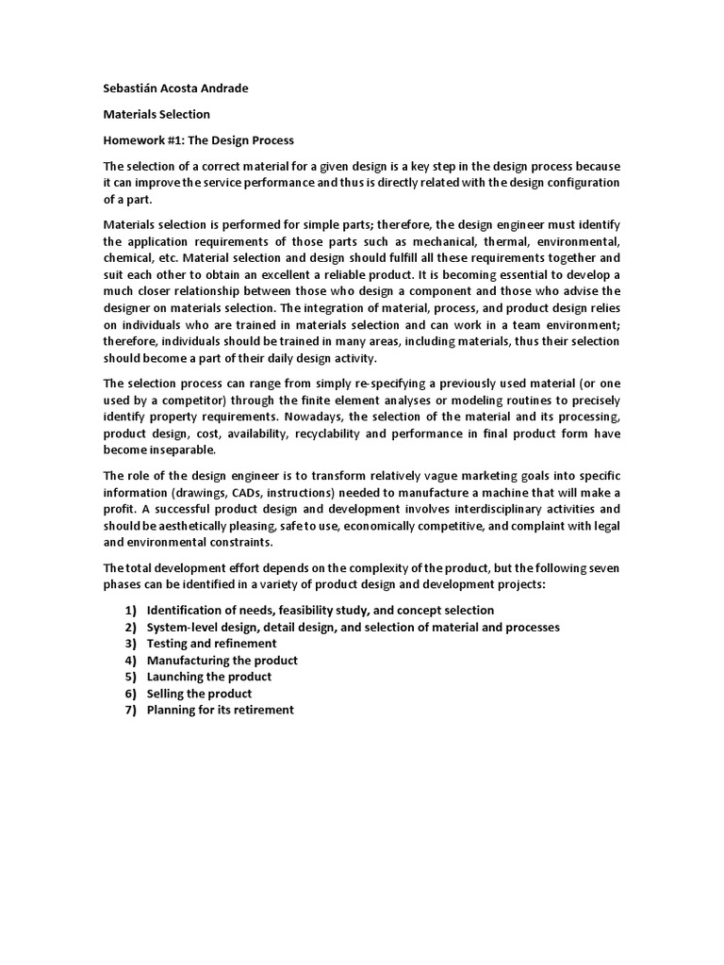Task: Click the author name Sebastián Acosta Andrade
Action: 175,89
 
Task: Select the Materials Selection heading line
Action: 156,114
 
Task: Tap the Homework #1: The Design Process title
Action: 198,139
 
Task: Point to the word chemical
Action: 126,257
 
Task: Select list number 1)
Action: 131,610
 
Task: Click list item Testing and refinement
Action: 211,644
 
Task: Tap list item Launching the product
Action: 208,677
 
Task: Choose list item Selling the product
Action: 199,693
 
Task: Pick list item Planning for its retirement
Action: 220,710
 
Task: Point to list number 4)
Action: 131,660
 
